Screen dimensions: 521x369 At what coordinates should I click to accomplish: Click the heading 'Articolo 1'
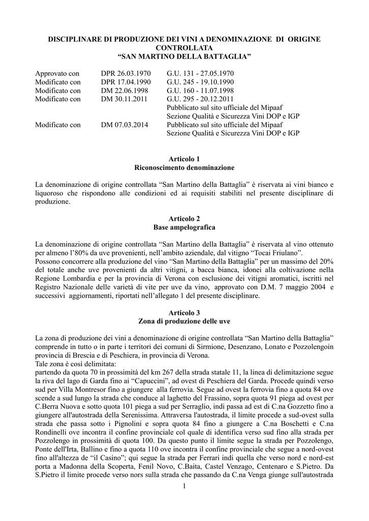click(184, 159)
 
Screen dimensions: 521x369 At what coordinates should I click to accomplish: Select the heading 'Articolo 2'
click(184, 218)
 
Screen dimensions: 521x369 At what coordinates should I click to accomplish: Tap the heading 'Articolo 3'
click(184, 312)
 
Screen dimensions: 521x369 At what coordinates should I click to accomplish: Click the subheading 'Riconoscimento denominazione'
click(184, 167)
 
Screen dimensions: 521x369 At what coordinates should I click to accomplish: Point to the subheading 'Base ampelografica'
click(184, 226)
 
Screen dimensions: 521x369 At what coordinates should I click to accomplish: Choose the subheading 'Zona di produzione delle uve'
click(184, 321)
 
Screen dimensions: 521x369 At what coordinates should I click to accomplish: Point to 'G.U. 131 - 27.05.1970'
click(200, 74)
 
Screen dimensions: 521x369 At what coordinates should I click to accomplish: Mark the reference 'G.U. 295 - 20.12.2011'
click(200, 99)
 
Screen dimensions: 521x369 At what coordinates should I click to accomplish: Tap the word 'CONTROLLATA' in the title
click(184, 47)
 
